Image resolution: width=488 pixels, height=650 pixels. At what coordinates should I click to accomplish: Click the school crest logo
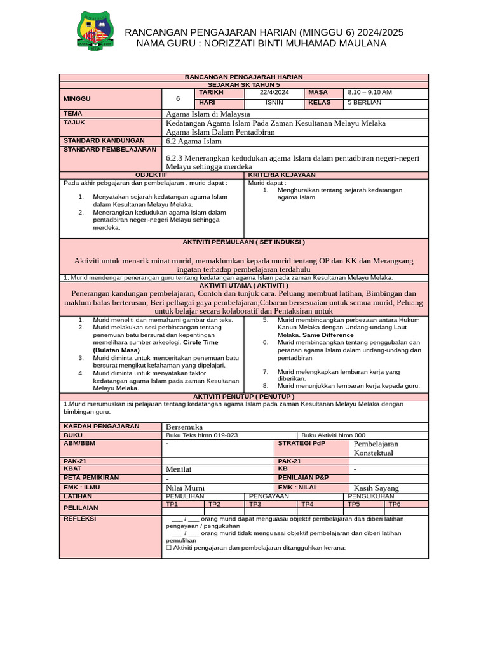click(x=95, y=31)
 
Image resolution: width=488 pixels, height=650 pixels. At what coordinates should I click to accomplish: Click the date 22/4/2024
click(x=274, y=93)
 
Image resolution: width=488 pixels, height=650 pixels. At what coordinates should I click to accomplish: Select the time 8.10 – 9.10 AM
click(x=370, y=93)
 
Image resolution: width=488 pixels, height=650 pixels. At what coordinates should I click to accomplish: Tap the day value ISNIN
click(x=274, y=102)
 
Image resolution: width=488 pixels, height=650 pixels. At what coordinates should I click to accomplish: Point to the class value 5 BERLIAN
click(x=365, y=102)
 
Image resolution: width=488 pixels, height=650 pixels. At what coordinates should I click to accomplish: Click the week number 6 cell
click(x=178, y=98)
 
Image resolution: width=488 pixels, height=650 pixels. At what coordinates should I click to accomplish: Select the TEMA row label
click(x=73, y=113)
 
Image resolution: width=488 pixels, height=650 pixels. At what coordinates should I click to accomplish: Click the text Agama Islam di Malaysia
click(x=208, y=114)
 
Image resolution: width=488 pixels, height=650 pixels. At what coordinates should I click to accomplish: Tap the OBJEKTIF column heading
click(x=152, y=175)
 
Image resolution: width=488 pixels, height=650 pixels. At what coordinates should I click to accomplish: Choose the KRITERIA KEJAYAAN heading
click(x=281, y=175)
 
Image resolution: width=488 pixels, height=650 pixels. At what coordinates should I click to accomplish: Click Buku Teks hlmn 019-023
click(x=202, y=435)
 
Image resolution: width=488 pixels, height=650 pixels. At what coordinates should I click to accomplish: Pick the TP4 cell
click(x=308, y=504)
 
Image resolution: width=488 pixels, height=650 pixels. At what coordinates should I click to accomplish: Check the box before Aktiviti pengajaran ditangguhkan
click(x=169, y=547)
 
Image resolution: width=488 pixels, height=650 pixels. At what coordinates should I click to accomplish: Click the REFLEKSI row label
click(x=79, y=519)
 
